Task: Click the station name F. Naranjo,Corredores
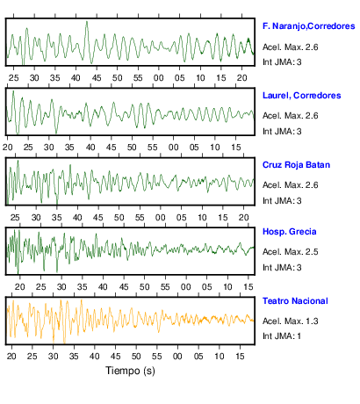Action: tap(309, 26)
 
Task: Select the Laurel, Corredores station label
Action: tap(302, 96)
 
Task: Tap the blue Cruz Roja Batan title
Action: tap(296, 165)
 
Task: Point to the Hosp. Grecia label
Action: tap(290, 232)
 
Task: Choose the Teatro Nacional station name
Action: tap(295, 301)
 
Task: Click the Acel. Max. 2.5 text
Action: tap(291, 252)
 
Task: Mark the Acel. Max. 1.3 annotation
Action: tap(291, 321)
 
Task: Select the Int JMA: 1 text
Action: tap(282, 335)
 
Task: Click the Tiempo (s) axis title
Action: tap(130, 371)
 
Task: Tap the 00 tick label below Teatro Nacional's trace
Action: tap(177, 357)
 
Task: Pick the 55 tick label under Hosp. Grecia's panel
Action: tap(165, 287)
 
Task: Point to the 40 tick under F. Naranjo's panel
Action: tap(76, 78)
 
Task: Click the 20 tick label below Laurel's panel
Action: tap(8, 148)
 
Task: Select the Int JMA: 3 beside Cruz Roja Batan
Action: tap(282, 201)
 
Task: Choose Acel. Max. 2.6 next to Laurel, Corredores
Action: tap(291, 116)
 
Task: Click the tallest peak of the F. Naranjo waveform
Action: tap(87, 21)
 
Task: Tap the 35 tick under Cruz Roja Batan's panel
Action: tap(57, 218)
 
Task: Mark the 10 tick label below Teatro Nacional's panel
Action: tap(219, 357)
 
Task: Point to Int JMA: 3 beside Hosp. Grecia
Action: tap(282, 268)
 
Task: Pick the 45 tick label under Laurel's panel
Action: tap(112, 148)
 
